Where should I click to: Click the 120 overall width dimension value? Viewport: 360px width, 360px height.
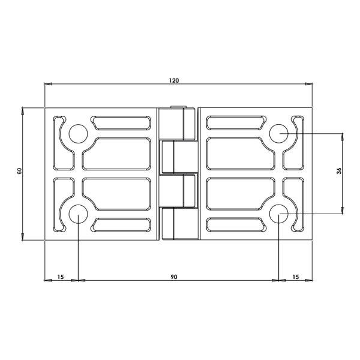tap(174, 80)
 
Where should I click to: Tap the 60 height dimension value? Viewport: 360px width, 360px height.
tap(20, 172)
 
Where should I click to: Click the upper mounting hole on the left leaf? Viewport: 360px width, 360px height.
tap(77, 134)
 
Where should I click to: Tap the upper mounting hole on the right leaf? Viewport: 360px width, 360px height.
tap(280, 134)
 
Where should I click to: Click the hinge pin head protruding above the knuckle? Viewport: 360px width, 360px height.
tap(178, 108)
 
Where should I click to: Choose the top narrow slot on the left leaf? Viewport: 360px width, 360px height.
tap(121, 123)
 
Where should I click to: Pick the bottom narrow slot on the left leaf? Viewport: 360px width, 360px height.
tap(121, 224)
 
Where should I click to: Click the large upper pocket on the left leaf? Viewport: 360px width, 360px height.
tap(117, 154)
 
